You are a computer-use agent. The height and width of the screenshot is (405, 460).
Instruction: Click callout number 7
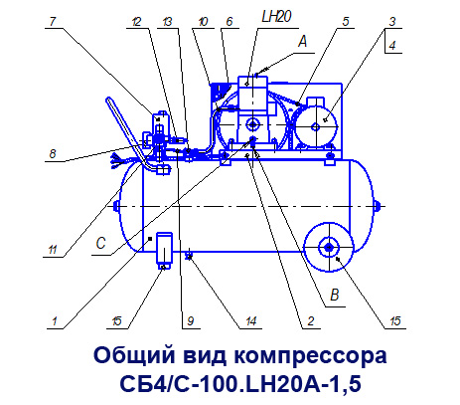point(53,22)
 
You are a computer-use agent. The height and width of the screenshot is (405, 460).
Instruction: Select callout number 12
point(136,22)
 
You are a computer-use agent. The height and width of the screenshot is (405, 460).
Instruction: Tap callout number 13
point(168,22)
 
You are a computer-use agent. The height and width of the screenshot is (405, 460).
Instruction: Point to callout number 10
point(203,22)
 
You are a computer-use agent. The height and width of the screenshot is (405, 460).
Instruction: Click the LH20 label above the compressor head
point(276,16)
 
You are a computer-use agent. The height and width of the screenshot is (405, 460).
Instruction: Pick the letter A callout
point(303,42)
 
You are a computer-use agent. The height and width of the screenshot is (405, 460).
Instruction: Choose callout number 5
point(346,22)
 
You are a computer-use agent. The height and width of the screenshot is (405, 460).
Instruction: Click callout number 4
point(392,45)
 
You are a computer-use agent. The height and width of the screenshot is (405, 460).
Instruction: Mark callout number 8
point(53,154)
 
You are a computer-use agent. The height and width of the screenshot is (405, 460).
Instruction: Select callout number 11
point(53,249)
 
